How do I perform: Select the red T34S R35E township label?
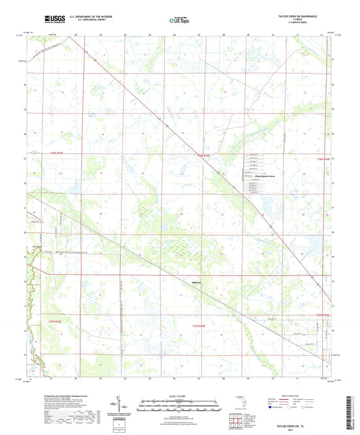pyautogui.click(x=324, y=160)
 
